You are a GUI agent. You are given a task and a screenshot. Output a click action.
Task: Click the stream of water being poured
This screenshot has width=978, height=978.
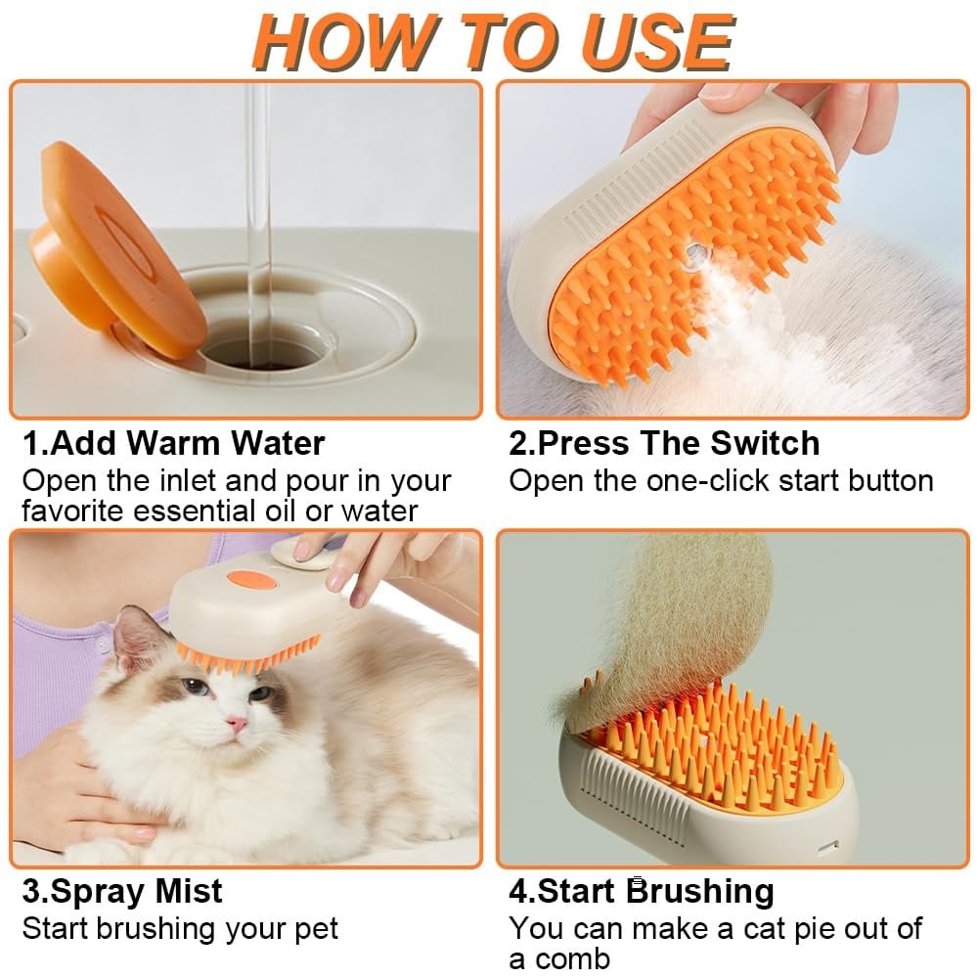tap(257, 196)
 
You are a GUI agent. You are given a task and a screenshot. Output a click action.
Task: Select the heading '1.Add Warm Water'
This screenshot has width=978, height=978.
tap(173, 443)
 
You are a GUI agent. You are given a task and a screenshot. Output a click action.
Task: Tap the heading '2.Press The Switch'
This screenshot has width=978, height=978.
tap(664, 443)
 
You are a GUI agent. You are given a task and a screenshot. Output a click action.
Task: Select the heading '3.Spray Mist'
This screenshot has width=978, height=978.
tap(122, 892)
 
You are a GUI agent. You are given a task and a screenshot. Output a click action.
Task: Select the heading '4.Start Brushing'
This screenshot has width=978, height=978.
tap(641, 892)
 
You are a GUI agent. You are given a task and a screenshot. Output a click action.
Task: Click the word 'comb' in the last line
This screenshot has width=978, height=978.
tap(567, 957)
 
